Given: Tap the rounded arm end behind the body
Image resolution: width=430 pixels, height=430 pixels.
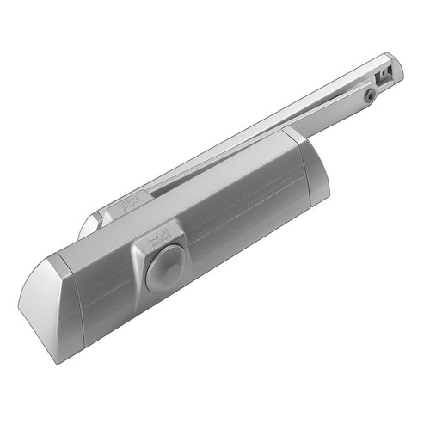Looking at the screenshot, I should click(x=87, y=227).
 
